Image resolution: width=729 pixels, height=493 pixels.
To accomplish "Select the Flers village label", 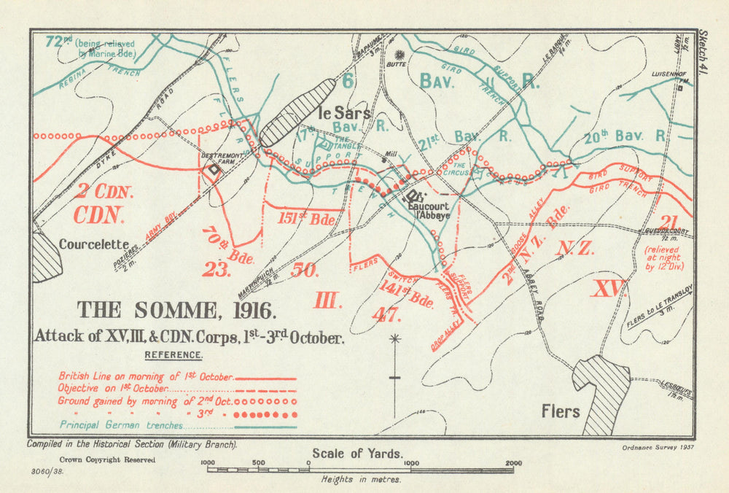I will [561, 411].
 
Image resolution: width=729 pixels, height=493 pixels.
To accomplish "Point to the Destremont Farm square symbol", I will [213, 169].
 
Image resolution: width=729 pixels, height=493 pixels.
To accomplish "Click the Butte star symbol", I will [399, 54].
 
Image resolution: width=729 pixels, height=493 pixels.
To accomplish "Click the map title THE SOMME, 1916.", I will [177, 311].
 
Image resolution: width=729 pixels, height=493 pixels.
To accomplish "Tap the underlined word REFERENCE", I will [174, 354].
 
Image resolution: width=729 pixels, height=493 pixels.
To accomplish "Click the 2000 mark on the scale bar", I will [512, 463].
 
